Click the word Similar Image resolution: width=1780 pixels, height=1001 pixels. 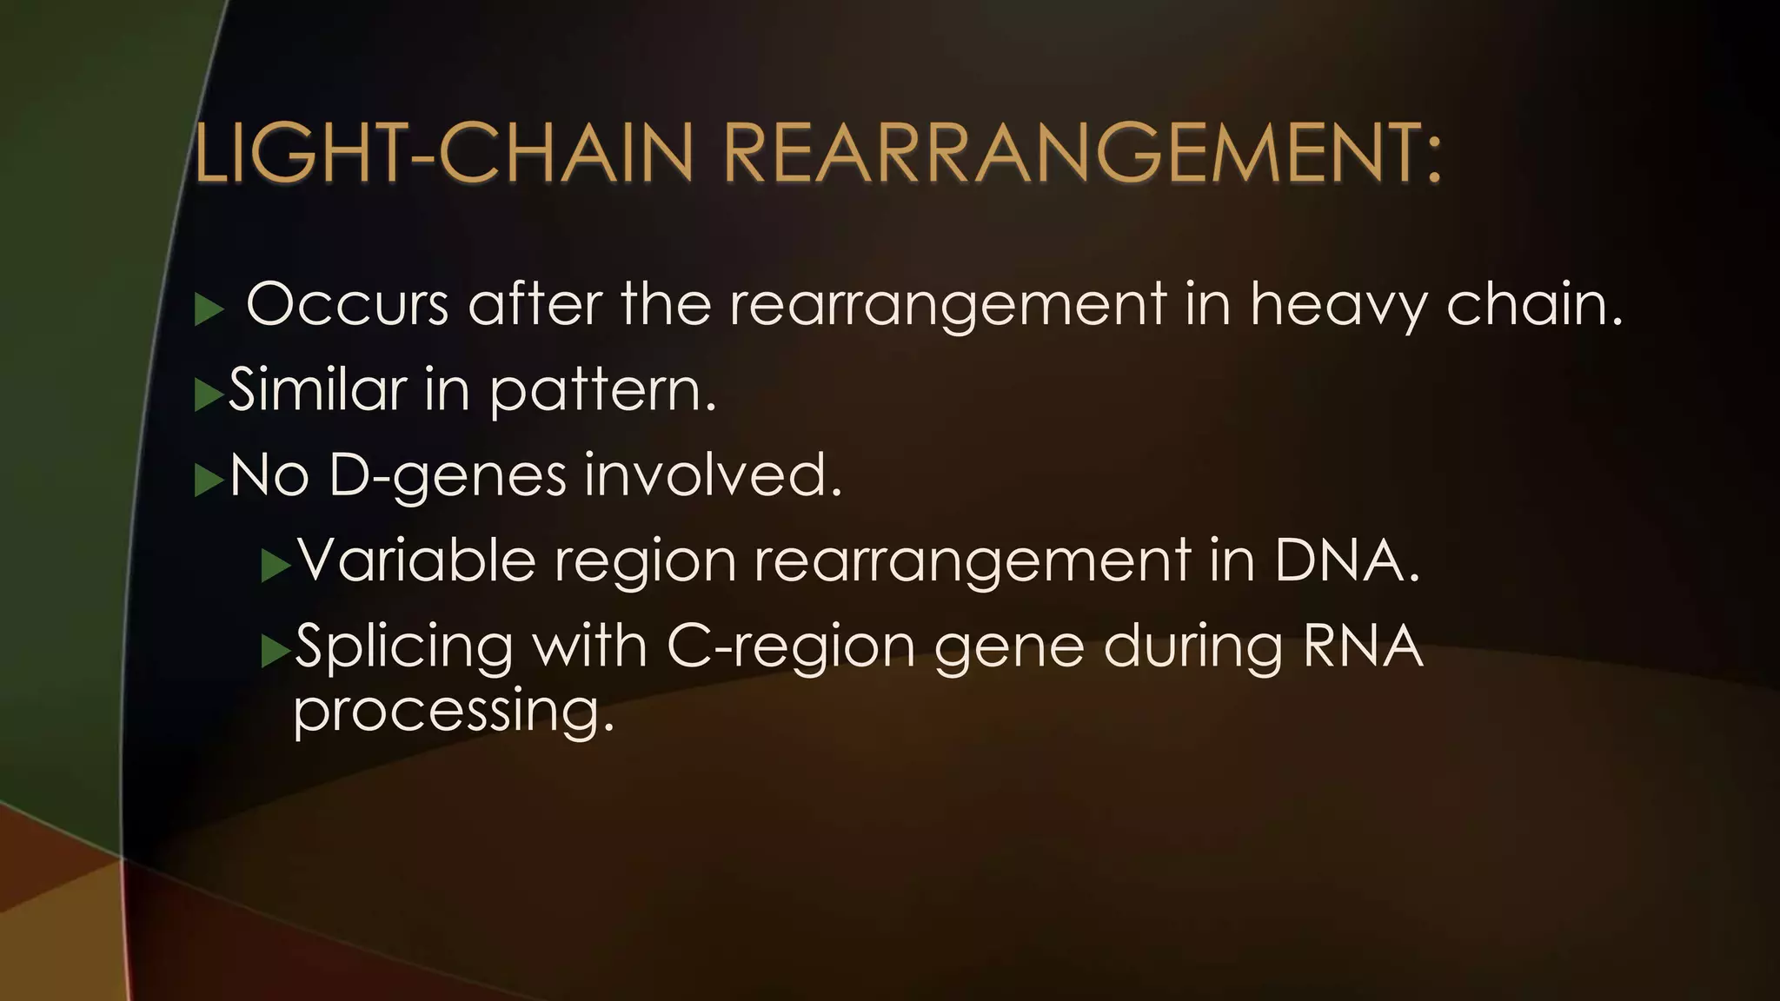(317, 390)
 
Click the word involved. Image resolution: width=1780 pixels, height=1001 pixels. (713, 475)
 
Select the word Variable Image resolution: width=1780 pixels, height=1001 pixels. (416, 560)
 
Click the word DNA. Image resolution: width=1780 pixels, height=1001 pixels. (1347, 560)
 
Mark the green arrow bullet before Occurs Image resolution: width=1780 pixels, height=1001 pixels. (209, 309)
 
